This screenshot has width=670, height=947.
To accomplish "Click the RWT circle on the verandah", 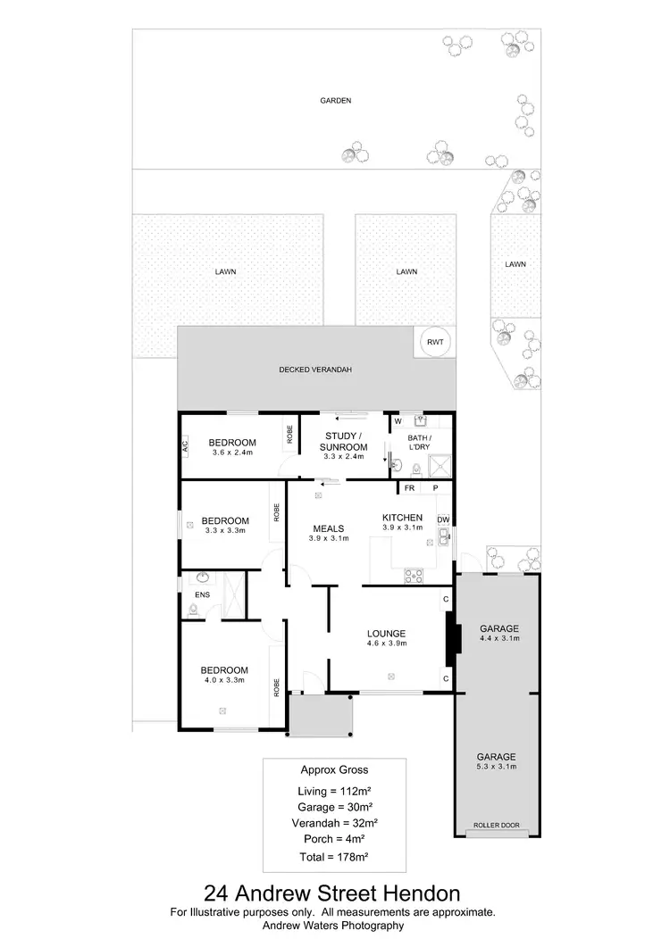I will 435,342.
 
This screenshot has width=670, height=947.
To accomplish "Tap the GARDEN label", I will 336,101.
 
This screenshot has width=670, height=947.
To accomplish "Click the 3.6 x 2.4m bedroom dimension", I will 232,453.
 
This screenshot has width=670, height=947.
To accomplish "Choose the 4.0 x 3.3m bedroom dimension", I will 224,680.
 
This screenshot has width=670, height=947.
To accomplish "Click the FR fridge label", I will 409,488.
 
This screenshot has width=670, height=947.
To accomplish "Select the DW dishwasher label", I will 442,519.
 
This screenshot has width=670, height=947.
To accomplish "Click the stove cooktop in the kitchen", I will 414,576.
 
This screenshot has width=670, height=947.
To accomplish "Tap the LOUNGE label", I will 387,633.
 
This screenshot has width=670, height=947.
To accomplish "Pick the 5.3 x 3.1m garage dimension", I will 498,766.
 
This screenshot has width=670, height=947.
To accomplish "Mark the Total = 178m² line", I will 333,856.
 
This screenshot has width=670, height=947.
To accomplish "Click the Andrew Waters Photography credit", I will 333,926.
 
